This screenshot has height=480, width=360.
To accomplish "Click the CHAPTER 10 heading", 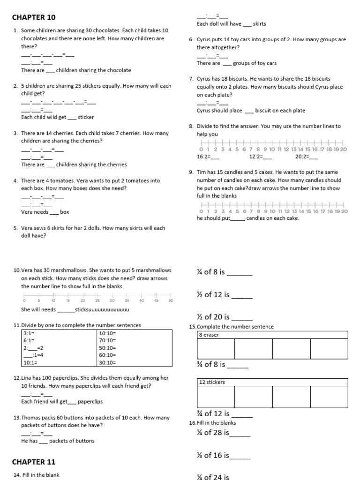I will click(x=34, y=17).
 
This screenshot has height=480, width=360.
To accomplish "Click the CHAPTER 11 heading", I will click(x=34, y=462).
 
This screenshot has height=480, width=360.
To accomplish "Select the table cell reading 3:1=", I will click(x=29, y=333).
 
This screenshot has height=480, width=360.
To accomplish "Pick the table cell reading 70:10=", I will click(x=107, y=340).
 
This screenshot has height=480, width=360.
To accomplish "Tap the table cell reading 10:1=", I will click(x=30, y=362).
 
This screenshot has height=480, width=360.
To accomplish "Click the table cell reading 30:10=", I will click(x=107, y=362).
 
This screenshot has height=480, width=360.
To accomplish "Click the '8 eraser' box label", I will click(x=209, y=335).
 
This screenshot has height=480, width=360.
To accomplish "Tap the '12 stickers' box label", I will click(x=212, y=382).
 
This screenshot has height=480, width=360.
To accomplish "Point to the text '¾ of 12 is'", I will click(x=213, y=413).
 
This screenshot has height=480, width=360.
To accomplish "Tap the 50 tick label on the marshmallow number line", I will click(x=171, y=300).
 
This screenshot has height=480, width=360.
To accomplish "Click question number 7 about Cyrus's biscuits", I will click(x=192, y=79).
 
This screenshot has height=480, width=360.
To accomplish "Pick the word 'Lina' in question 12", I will click(x=26, y=378).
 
